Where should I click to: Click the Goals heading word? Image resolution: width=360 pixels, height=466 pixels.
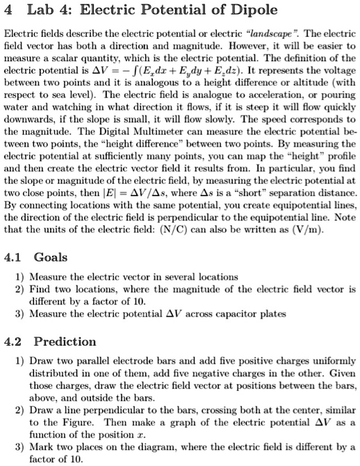click(51, 257)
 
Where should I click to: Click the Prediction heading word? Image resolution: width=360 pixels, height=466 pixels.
click(65, 341)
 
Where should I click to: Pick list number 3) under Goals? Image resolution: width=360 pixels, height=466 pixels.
click(19, 313)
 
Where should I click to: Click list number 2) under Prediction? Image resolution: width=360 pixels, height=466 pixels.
click(19, 412)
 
